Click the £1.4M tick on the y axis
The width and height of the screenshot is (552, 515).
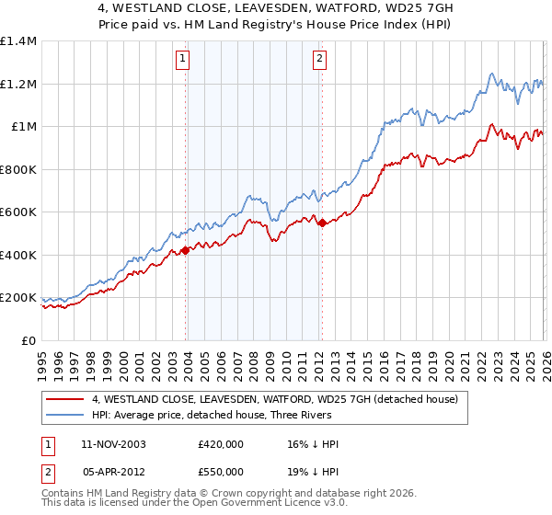tap(18, 41)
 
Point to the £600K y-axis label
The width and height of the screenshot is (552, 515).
tap(18, 212)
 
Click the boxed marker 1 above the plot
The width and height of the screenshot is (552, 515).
tap(184, 60)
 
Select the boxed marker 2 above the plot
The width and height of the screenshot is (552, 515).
tap(319, 60)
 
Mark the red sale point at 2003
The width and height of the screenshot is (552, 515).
tap(186, 250)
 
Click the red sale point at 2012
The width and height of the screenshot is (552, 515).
tap(321, 223)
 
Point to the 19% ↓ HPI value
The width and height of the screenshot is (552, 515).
tap(313, 471)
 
